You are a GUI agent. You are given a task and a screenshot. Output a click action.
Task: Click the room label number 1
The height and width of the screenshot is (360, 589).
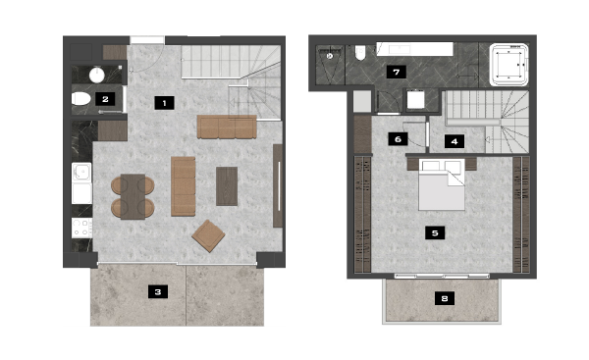click(164, 103)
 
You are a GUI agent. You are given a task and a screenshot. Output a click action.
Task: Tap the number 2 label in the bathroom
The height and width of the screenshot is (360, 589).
click(105, 99)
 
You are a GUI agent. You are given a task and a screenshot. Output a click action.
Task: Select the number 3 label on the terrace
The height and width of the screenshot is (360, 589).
click(158, 291)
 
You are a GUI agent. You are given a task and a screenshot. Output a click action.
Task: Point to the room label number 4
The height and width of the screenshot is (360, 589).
click(455, 141)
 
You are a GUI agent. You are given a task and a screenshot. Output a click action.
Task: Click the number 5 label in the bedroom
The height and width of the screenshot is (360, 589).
click(435, 232)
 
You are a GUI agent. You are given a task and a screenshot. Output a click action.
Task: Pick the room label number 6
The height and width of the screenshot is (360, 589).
click(398, 139)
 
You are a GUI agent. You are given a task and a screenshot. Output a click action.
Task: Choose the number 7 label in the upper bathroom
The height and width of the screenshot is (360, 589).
click(397, 72)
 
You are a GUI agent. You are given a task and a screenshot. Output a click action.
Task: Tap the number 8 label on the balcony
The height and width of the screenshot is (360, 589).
click(445, 298)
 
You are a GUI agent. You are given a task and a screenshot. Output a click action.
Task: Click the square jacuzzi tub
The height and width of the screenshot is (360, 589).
click(509, 65)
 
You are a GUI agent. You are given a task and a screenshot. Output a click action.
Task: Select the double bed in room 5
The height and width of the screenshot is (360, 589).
click(442, 185)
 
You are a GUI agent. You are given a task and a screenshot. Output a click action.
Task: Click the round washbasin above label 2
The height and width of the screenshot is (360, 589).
click(97, 75)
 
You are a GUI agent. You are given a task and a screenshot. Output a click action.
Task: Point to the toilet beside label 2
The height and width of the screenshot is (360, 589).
click(81, 99)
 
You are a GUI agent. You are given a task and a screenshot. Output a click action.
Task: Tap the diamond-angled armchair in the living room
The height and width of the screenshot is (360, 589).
click(208, 235)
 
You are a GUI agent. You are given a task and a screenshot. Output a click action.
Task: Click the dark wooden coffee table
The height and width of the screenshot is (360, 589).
click(227, 186)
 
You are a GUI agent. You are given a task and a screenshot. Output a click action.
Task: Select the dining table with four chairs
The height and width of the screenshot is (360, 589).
click(133, 197)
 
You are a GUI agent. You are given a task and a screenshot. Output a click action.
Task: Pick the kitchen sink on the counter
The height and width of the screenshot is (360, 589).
click(81, 173)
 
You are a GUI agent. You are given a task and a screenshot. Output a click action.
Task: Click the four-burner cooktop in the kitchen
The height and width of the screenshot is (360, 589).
click(81, 228)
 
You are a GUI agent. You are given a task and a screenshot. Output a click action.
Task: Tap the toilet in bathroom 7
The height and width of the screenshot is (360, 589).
click(360, 53)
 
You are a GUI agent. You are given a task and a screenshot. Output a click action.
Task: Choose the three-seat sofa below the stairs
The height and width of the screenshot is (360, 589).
click(227, 127)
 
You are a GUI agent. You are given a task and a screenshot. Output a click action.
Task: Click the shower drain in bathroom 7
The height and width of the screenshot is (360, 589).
click(330, 56)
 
